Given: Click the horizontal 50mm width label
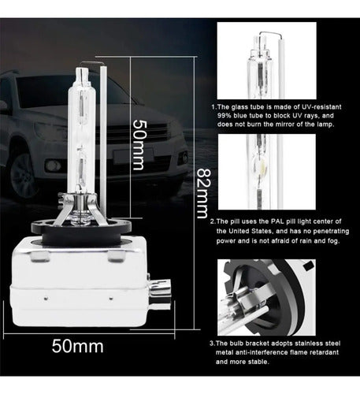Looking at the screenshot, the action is (77, 346).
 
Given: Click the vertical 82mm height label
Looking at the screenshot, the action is (203, 193).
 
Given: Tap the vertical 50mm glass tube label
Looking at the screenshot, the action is (138, 145).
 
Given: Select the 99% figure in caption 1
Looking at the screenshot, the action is (224, 116).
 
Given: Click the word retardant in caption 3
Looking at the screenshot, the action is (324, 352).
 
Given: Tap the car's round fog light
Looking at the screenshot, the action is (53, 165).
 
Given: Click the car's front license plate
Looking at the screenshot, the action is (133, 154).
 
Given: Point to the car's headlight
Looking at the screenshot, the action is (50, 131).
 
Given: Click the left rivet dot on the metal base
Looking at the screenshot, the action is (46, 298).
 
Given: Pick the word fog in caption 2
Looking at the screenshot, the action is (333, 241).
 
